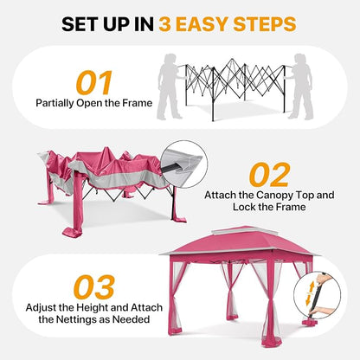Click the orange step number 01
94,83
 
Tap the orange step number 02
269,175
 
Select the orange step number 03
94,287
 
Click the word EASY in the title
202,24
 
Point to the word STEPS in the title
265,24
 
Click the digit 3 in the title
165,24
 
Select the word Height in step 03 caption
92,307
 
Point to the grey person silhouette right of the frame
300,87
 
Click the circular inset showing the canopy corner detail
184,164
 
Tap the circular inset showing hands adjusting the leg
318,295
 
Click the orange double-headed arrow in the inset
310,293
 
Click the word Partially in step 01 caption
55,103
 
